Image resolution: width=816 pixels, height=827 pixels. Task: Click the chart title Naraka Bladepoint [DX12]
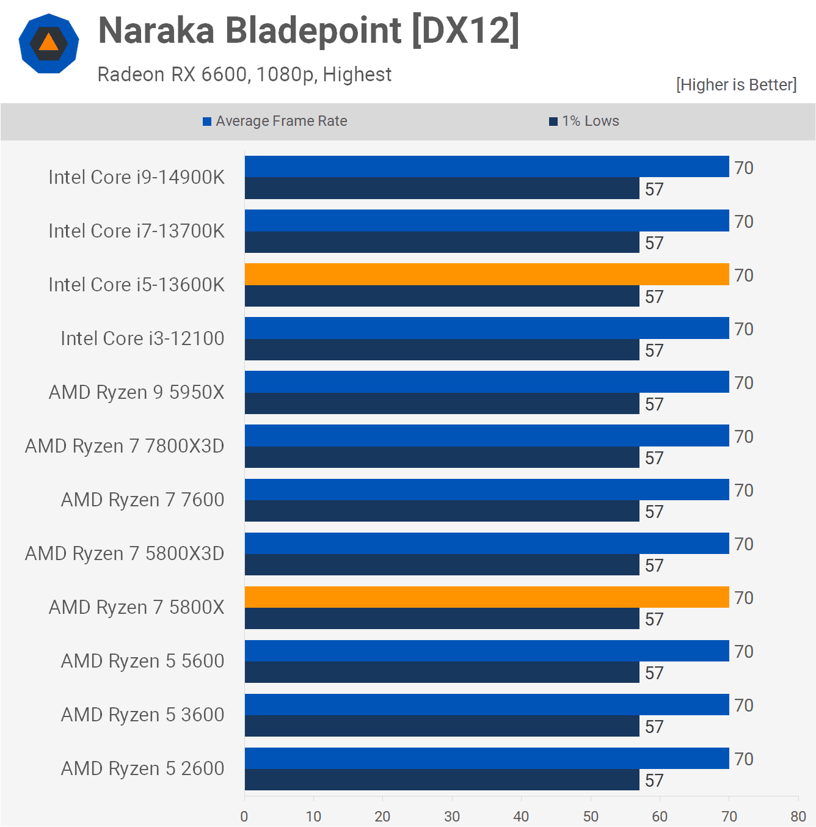308,31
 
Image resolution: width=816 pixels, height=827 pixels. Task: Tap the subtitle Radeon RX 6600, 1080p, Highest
244,75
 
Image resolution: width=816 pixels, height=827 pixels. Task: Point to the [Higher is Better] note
736,85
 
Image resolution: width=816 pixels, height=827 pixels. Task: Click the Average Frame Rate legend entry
275,121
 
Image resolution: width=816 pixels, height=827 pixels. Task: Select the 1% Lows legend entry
584,121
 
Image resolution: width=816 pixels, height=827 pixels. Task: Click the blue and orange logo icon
49,43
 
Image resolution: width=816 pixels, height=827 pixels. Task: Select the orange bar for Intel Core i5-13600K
487,274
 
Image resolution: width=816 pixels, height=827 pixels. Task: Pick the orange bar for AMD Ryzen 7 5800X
487,597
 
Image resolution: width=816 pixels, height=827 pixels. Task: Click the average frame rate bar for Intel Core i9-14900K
487,167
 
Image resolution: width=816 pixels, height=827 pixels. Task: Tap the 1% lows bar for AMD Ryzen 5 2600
442,780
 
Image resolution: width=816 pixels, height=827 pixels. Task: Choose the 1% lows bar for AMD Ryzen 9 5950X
442,404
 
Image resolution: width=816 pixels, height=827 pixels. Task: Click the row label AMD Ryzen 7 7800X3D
125,446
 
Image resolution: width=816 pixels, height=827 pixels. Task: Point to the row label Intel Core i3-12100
142,338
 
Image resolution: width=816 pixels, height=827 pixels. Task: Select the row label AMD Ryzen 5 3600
142,715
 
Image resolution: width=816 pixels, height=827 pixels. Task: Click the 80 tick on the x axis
798,817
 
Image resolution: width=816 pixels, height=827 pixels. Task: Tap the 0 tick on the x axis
244,817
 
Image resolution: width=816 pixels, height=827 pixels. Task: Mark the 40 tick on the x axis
521,817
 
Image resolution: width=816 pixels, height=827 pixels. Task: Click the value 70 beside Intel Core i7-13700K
743,222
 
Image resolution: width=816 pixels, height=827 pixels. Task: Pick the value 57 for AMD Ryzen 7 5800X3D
654,566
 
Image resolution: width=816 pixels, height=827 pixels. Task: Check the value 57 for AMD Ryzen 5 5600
654,673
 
